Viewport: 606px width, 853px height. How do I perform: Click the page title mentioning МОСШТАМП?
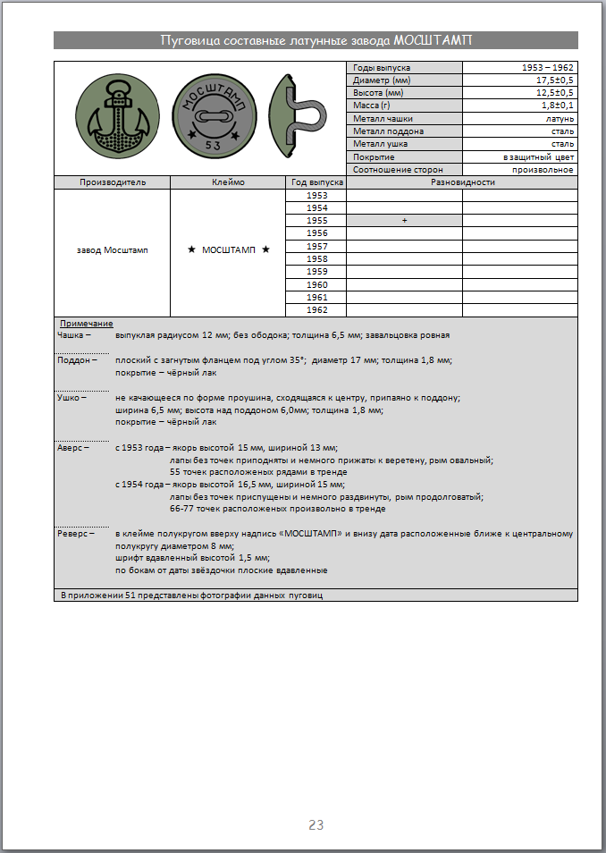(316, 40)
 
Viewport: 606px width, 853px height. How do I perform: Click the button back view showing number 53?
(210, 119)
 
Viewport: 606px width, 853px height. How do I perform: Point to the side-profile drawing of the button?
(300, 119)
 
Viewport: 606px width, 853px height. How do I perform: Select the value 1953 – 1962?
(548, 68)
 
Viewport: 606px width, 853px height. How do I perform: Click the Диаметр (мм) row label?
(380, 80)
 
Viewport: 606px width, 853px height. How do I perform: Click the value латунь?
(560, 119)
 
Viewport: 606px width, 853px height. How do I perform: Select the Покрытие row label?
(374, 156)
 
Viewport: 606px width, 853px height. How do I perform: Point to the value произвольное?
(543, 169)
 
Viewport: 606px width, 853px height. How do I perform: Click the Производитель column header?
(113, 182)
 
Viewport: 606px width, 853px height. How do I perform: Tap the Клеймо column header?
(228, 182)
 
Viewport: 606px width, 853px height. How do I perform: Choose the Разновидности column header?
(462, 182)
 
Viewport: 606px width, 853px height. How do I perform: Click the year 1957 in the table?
(316, 246)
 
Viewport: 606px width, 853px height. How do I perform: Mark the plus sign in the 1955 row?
(404, 221)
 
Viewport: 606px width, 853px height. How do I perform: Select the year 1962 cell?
(316, 310)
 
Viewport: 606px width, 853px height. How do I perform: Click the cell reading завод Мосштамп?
(113, 250)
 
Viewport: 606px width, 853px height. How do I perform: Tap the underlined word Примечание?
(86, 323)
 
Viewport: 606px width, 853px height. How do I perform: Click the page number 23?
(316, 825)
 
